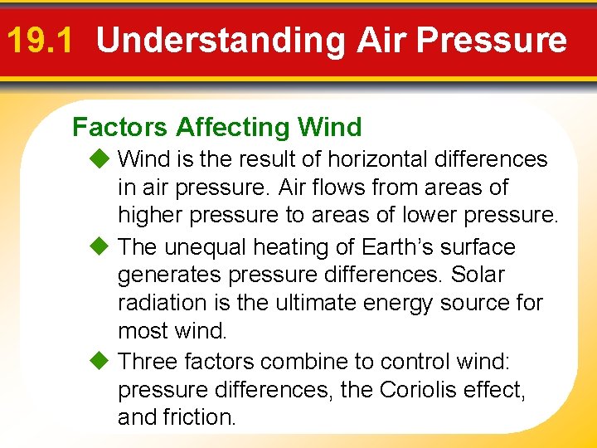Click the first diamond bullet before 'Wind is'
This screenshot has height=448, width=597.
[100, 158]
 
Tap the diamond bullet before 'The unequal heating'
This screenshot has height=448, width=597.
[100, 246]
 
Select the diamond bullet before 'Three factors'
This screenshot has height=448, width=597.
[100, 361]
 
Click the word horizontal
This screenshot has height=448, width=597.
[384, 158]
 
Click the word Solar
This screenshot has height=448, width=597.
[479, 274]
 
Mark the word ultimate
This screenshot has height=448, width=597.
[313, 302]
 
